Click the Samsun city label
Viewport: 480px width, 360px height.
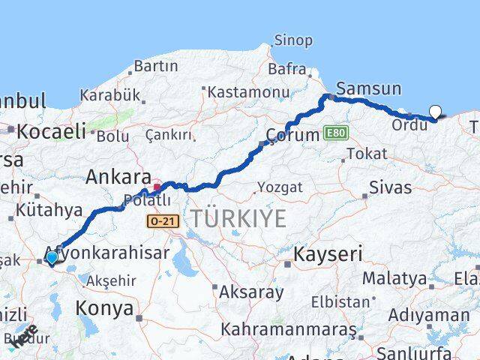tap(368, 88)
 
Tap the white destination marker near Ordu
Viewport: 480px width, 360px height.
tap(435, 112)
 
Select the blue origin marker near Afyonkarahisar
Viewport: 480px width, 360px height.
tap(51, 257)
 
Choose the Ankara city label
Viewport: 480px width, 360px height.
tap(118, 177)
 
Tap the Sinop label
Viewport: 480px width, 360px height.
tap(293, 40)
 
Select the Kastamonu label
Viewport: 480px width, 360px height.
tap(248, 91)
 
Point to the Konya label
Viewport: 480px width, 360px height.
tap(105, 307)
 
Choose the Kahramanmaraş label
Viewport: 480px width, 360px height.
tap(285, 328)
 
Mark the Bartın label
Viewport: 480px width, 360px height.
tap(155, 67)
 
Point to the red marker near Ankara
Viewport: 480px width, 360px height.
tap(157, 187)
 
